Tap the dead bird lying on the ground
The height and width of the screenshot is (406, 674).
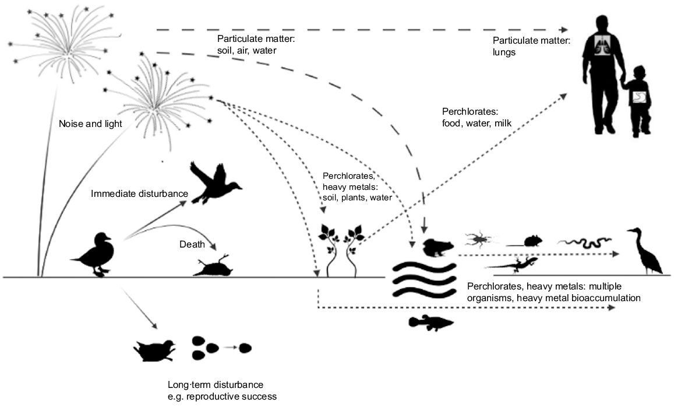[x=214, y=266]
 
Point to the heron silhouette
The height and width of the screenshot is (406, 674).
[x=645, y=251]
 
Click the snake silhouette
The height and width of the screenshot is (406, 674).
[x=585, y=243]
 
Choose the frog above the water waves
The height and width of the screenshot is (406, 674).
[x=437, y=248]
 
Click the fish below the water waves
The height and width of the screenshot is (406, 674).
[x=430, y=323]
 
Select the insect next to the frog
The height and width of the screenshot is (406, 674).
[x=479, y=238]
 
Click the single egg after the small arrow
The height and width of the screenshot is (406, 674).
[x=245, y=348]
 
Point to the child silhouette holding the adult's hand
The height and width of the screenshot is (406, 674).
[x=637, y=101]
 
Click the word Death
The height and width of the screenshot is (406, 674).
[x=192, y=245]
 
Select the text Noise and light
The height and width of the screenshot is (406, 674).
[x=90, y=124]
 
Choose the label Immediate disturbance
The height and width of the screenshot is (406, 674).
[x=139, y=194]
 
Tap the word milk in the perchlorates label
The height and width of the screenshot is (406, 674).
[x=503, y=123]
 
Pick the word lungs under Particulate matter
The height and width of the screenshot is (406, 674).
[x=504, y=53]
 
